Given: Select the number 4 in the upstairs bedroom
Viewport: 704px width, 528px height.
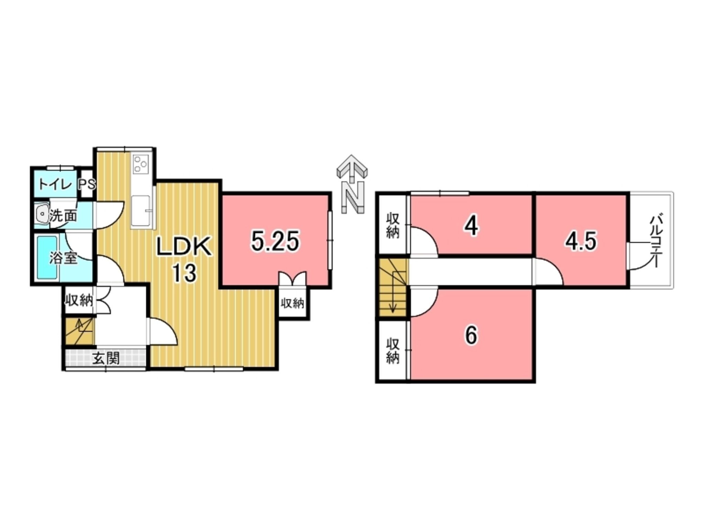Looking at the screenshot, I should point(472,227).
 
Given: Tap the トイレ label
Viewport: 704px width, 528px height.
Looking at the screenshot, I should point(55,185).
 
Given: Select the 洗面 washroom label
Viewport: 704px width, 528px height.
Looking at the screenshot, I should point(63,216).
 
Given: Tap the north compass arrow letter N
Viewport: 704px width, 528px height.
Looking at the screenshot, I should point(353,198).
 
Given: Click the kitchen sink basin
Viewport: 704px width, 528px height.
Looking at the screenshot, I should point(141,210).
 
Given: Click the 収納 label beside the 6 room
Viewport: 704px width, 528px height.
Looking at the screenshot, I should point(392,351).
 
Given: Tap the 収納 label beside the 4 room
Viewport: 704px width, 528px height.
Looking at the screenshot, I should point(392,225).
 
